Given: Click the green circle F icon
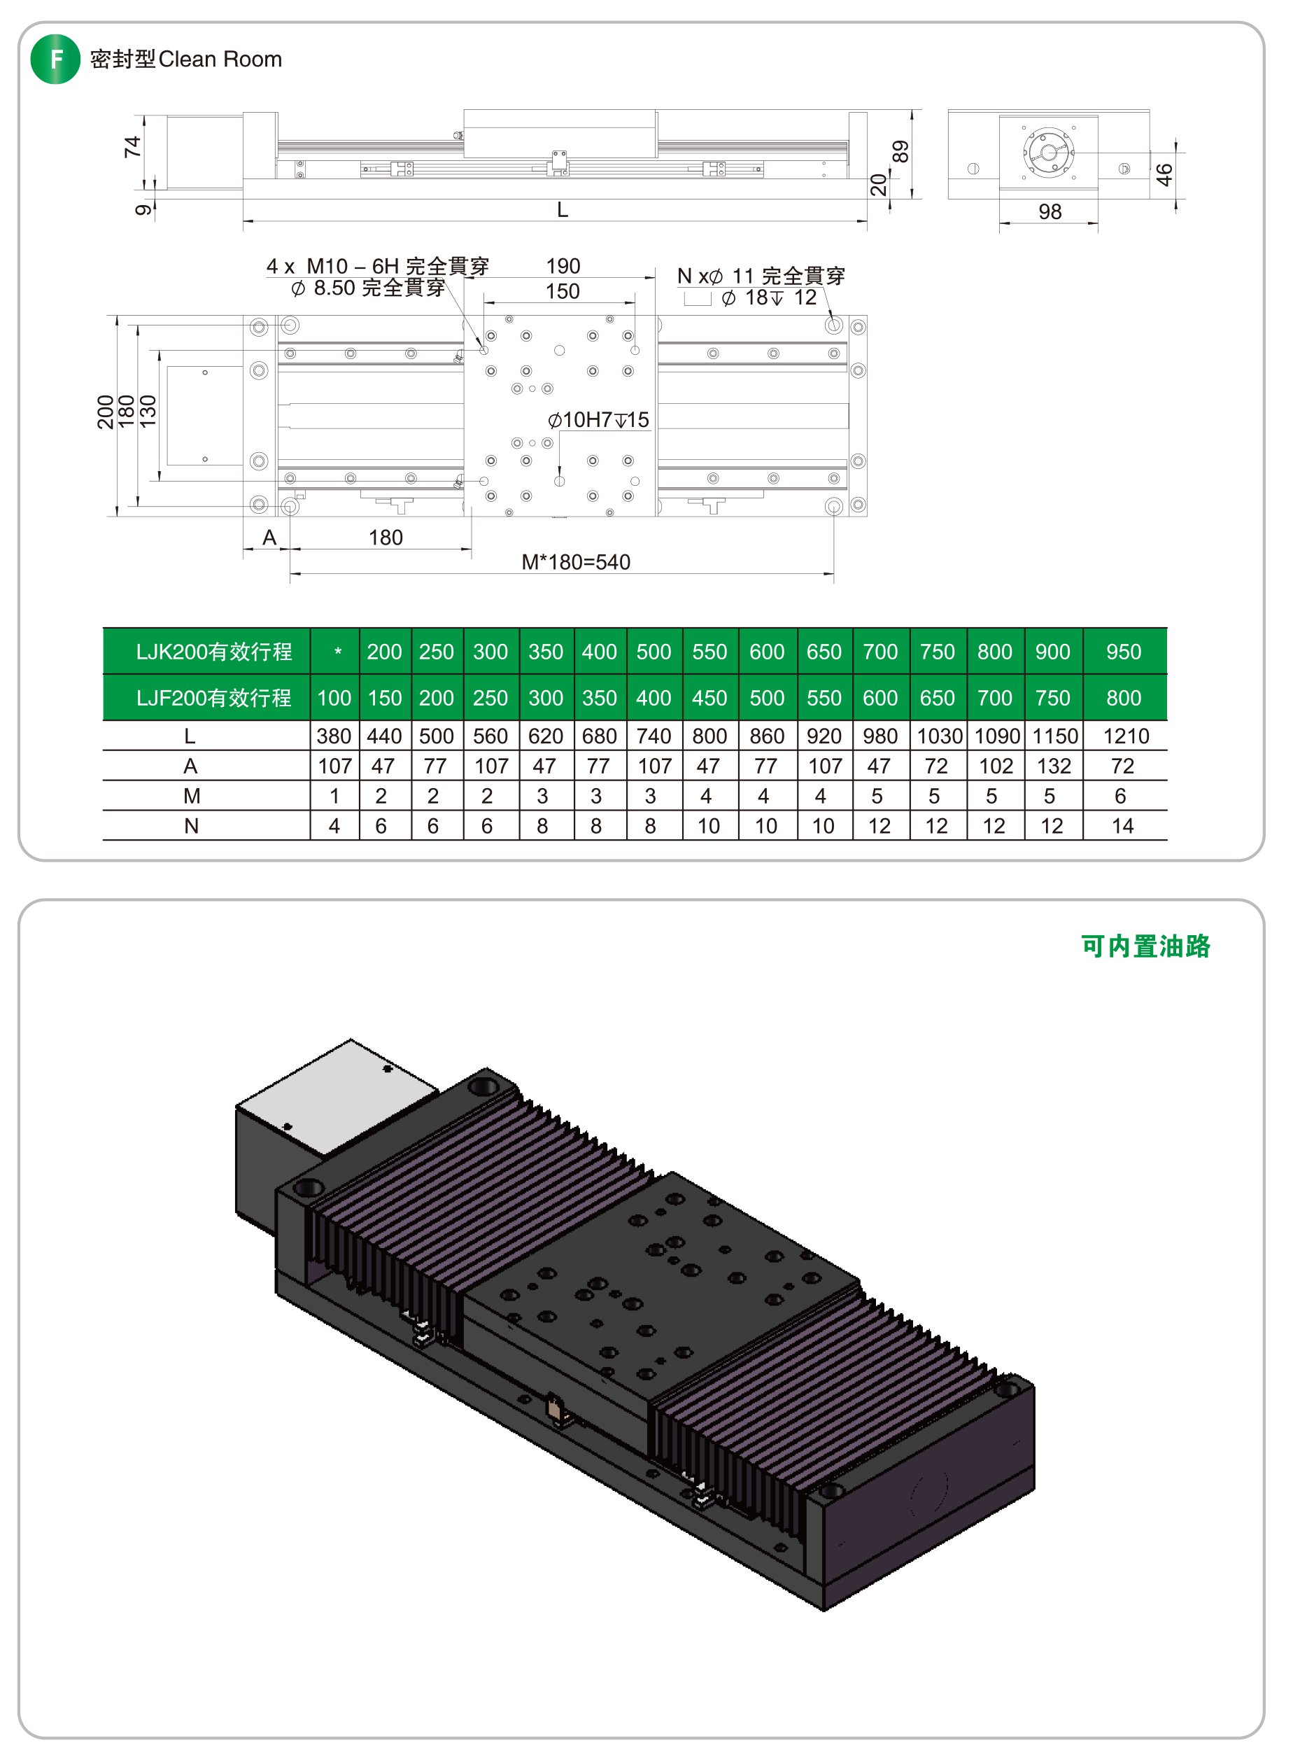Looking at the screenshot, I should point(55,59).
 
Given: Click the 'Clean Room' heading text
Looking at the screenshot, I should point(220,59).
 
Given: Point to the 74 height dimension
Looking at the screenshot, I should point(132,147).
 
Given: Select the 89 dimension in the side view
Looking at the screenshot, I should point(900,151).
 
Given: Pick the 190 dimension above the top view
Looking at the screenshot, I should point(563,266).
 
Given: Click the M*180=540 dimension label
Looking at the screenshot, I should point(575,562).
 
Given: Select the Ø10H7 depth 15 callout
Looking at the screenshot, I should point(598,419).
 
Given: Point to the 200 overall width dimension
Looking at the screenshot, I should point(105,412).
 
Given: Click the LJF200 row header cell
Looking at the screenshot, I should point(213,697).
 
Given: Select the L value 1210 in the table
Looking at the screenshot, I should point(1125,736).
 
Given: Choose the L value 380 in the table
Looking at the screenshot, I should point(334,736).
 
